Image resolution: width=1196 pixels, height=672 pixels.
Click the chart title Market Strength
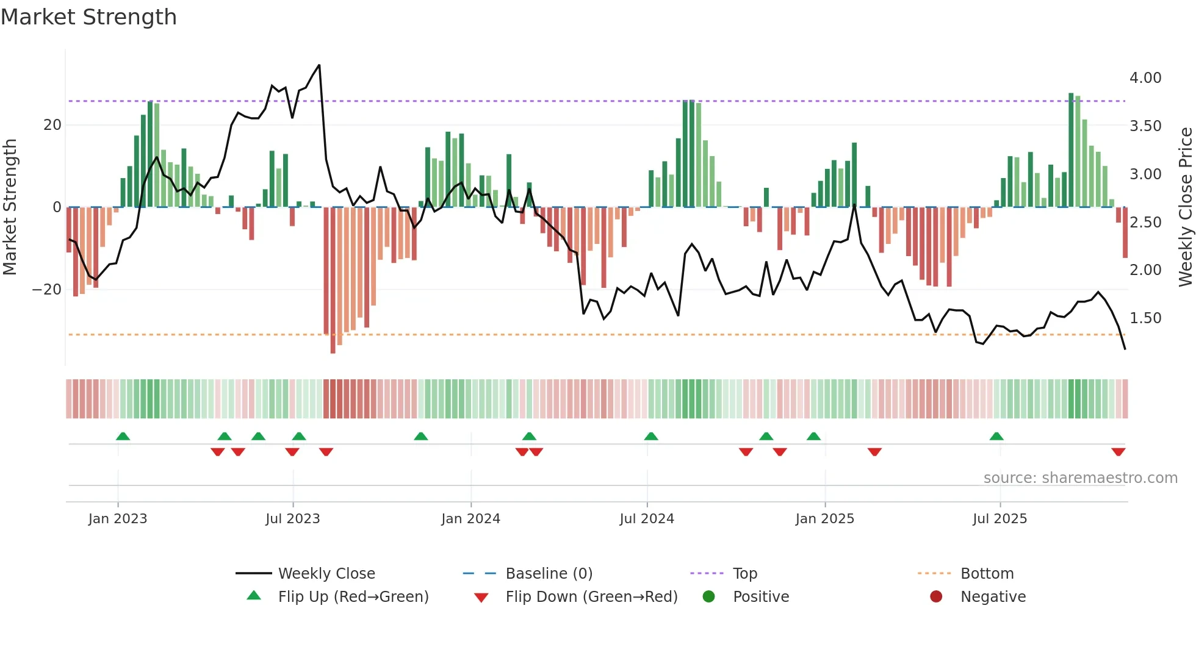(x=88, y=17)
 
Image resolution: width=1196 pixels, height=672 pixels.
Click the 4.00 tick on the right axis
(x=1145, y=78)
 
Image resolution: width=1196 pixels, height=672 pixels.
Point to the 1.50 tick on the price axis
(x=1145, y=318)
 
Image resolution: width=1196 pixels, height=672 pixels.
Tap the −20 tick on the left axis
(x=47, y=290)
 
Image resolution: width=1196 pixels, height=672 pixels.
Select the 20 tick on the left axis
(x=52, y=125)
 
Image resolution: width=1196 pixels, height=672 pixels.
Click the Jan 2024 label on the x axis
(x=470, y=519)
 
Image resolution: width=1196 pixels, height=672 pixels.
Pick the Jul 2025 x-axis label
(x=1000, y=519)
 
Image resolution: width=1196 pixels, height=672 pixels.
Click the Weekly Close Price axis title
(x=1185, y=207)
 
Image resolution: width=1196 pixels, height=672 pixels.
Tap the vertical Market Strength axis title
(x=10, y=207)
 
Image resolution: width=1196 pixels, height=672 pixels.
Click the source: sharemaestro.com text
(x=1080, y=478)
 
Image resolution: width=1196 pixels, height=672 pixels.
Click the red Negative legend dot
(x=936, y=596)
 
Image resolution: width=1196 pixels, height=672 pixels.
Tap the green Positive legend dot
(x=708, y=596)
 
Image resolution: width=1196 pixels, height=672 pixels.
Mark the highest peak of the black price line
(x=319, y=65)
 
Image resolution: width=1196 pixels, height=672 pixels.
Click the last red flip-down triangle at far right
(x=1118, y=452)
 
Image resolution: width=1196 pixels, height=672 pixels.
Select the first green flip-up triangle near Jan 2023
(x=123, y=436)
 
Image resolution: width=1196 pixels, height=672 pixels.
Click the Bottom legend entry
(x=987, y=574)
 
